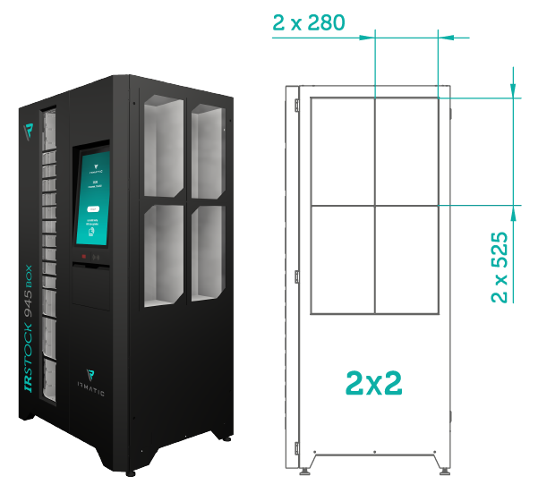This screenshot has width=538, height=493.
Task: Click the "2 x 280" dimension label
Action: click(x=309, y=22)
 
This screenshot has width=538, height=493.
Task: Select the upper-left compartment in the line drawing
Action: click(x=342, y=152)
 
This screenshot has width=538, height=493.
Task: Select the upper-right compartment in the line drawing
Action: click(x=406, y=152)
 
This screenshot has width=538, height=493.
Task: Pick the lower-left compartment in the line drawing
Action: click(x=342, y=259)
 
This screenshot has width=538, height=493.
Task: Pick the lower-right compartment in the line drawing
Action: click(x=406, y=259)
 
